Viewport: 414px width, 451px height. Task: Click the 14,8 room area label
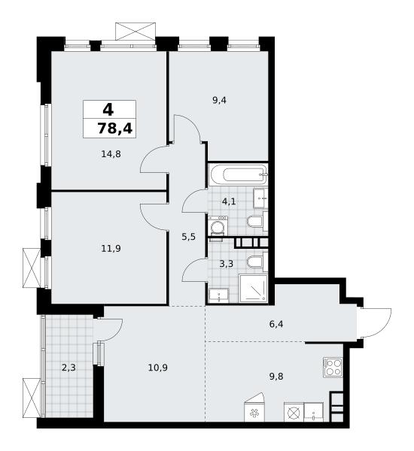coord(111,154)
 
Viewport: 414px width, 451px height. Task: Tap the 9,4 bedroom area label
coord(219,101)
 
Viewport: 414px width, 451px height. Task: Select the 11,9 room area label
coord(111,248)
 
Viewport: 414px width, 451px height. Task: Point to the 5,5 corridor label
coord(189,237)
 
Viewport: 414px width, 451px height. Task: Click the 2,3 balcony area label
coord(68,368)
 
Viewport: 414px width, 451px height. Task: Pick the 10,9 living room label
coord(158,368)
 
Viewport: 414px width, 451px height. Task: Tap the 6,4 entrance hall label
coord(276,325)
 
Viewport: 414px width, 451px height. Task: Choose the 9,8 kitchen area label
coord(276,377)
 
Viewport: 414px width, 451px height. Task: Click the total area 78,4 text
coord(115,129)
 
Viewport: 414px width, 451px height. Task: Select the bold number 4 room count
coord(108,110)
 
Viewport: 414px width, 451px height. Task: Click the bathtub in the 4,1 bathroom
coord(239,174)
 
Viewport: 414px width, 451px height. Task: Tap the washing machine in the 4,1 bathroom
coord(218,226)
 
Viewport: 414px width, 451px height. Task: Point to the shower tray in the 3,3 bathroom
coord(254,288)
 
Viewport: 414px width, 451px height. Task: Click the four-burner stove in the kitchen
coord(333,368)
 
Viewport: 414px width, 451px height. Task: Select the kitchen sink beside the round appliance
coord(313,413)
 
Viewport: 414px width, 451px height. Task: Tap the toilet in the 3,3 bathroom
coord(257,262)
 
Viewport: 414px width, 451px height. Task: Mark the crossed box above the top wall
coord(135,32)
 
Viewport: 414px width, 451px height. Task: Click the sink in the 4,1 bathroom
coord(260,198)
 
